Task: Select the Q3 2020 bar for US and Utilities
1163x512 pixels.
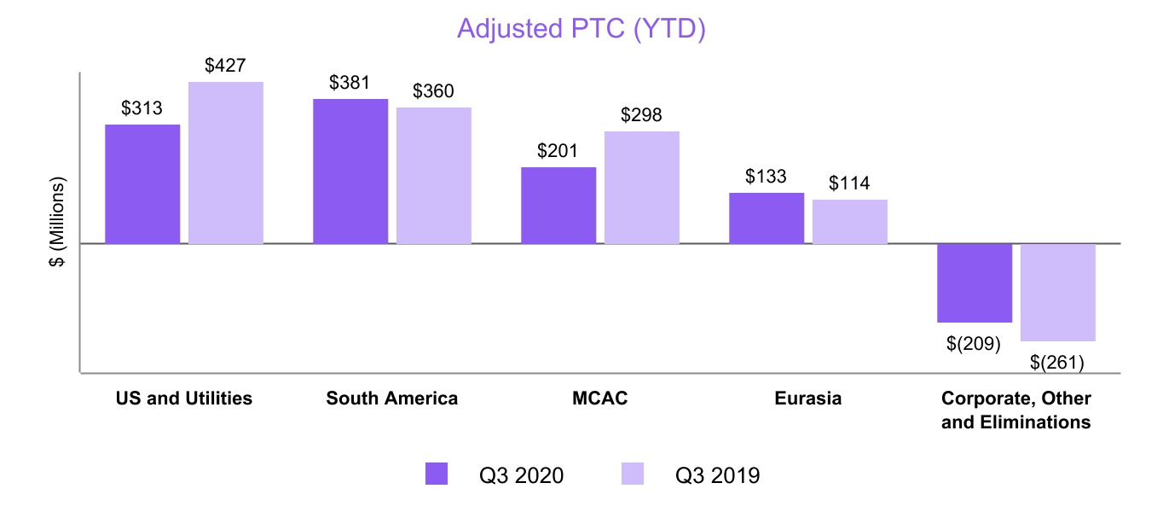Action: point(142,184)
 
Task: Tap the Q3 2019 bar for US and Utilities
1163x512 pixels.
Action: point(226,163)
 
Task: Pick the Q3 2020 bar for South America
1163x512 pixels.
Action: point(350,172)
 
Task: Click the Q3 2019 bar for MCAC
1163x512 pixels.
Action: point(642,188)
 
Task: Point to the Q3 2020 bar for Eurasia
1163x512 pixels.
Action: point(767,218)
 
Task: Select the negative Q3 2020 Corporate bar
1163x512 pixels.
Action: point(975,283)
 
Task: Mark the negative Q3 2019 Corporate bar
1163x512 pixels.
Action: point(1058,293)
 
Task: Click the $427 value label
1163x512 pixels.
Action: point(226,66)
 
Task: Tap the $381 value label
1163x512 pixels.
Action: point(350,83)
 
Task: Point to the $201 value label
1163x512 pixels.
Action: point(558,151)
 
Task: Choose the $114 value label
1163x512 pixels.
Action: point(849,183)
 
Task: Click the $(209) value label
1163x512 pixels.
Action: point(974,344)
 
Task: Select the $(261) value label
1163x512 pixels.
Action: point(1057,363)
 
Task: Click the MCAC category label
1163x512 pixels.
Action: point(600,399)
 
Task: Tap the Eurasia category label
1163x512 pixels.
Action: point(807,399)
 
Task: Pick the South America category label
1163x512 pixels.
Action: point(391,399)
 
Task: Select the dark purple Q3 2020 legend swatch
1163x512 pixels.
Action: point(437,474)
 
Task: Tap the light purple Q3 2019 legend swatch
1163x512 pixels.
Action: point(632,474)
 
